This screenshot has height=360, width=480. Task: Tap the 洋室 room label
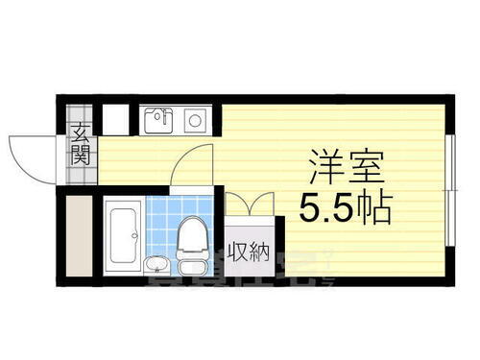[347, 168]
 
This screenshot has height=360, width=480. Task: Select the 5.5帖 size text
[345, 207]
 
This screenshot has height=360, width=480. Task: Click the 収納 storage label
[248, 253]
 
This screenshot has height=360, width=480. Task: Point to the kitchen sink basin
[157, 122]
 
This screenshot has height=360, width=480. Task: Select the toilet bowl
[190, 234]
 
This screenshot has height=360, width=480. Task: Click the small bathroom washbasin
[156, 264]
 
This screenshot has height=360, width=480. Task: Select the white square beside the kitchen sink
[114, 121]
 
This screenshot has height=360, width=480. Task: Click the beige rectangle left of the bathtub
[78, 233]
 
